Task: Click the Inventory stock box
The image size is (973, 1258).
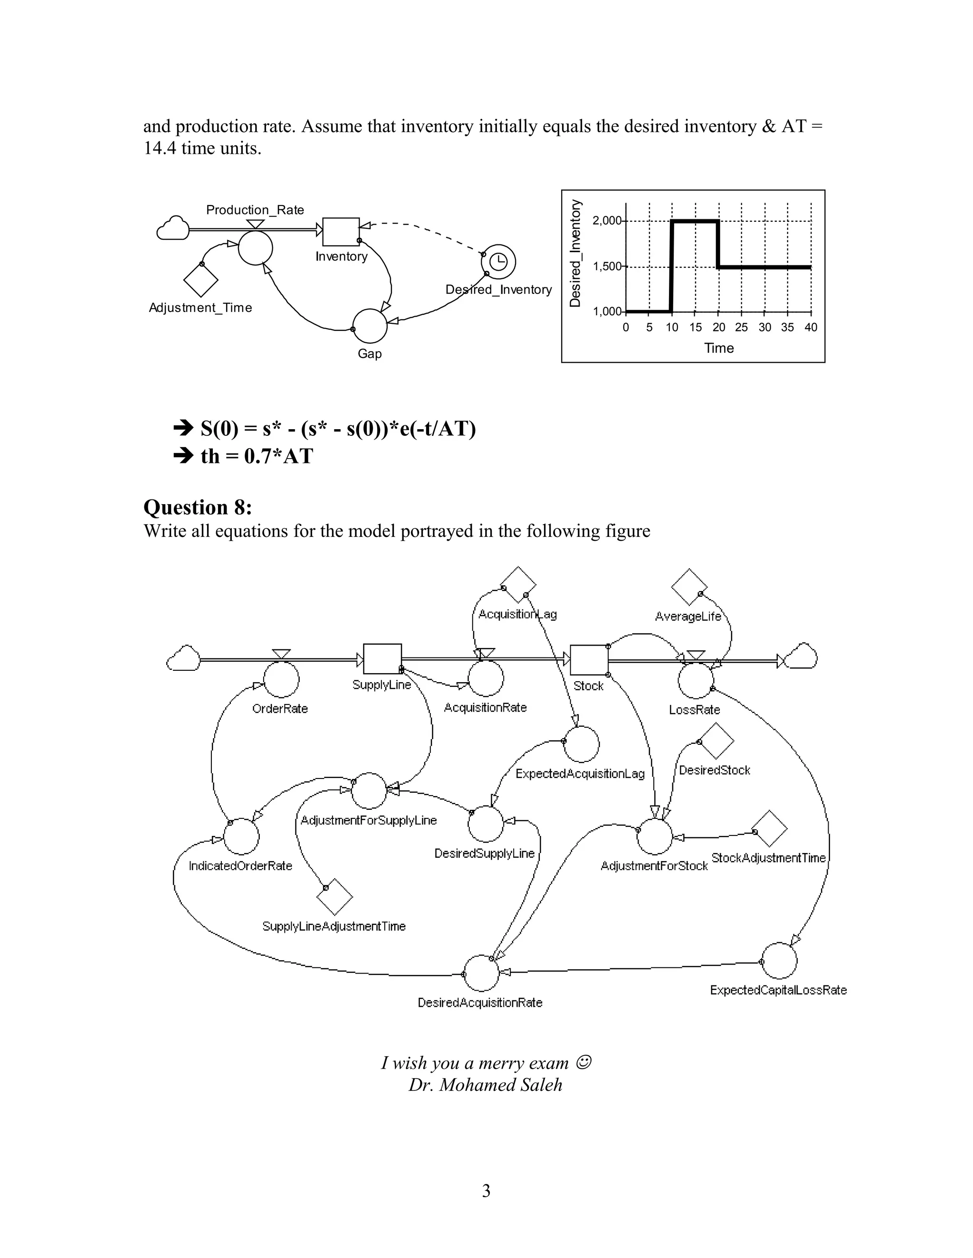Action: (341, 232)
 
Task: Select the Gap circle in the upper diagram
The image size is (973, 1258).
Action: (370, 326)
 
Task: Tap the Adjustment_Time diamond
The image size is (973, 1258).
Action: (200, 281)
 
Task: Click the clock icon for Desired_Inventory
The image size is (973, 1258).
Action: (498, 262)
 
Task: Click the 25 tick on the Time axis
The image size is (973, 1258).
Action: (741, 327)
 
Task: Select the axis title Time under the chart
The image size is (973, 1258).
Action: (718, 348)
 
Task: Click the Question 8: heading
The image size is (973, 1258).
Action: (198, 507)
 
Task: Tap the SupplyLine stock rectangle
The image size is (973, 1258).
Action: (382, 658)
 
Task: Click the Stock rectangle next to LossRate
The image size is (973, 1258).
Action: (589, 659)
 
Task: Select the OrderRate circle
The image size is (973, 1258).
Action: (281, 680)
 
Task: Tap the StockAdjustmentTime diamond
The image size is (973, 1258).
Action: (770, 829)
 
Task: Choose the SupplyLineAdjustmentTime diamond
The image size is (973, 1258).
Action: (335, 897)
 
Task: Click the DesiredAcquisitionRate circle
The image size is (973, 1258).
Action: (481, 973)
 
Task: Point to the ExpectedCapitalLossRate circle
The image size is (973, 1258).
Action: (779, 961)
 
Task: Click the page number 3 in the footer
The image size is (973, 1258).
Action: (486, 1190)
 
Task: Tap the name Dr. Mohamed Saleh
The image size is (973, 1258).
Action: (486, 1085)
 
